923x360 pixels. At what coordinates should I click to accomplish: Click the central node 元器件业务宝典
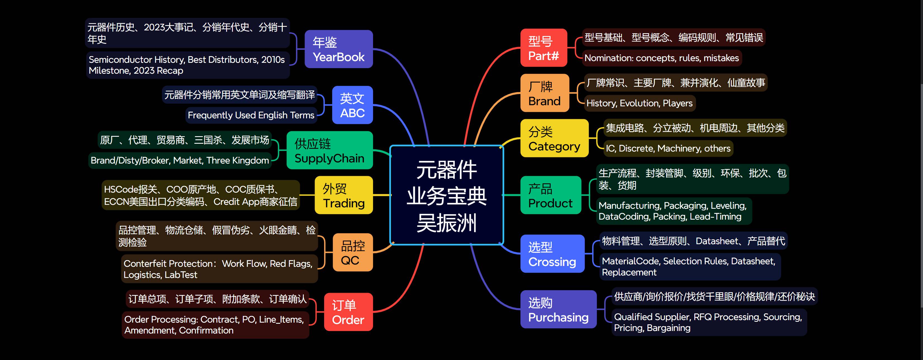click(446, 195)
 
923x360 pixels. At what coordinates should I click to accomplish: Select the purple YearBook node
click(339, 49)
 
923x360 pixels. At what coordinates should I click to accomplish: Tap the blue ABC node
click(352, 105)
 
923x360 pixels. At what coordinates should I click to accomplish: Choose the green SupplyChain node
click(329, 150)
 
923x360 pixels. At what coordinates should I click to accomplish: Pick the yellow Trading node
click(344, 195)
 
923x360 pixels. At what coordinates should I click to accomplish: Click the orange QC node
click(353, 253)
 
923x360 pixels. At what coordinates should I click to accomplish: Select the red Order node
click(348, 312)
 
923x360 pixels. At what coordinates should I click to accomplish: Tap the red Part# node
click(544, 48)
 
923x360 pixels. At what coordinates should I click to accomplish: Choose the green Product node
click(550, 195)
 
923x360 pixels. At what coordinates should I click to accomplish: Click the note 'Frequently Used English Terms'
click(251, 115)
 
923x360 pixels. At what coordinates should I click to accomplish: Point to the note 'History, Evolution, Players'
click(639, 103)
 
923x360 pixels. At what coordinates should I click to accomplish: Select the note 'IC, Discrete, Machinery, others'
click(668, 148)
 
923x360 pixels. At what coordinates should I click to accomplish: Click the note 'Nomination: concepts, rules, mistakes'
click(661, 58)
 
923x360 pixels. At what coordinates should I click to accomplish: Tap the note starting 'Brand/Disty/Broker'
click(180, 160)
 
